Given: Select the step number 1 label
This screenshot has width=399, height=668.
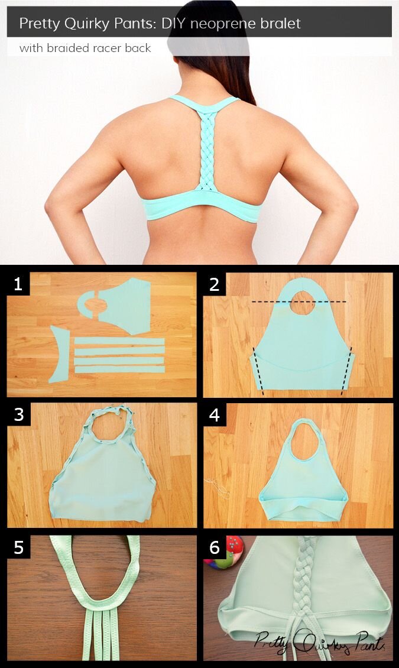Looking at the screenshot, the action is (18, 284).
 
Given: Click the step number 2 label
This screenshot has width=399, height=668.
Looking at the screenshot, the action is (214, 284).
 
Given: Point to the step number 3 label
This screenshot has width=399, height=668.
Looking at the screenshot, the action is (19, 414).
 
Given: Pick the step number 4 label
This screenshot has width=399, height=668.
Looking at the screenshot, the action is (214, 414).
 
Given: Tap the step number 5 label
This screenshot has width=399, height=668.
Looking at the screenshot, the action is (19, 547).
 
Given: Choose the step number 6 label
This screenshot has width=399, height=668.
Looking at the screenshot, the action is (214, 547).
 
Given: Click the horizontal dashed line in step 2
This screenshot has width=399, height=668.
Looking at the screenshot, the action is (299, 302).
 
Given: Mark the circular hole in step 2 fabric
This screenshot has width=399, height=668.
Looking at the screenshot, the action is (302, 303).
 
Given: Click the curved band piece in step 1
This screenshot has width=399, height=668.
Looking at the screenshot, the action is (59, 354).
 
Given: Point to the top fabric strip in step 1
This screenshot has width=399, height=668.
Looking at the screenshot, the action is (119, 341).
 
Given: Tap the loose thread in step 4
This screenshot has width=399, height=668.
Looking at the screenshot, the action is (217, 487).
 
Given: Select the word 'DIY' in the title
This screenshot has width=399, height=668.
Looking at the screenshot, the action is (174, 24).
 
